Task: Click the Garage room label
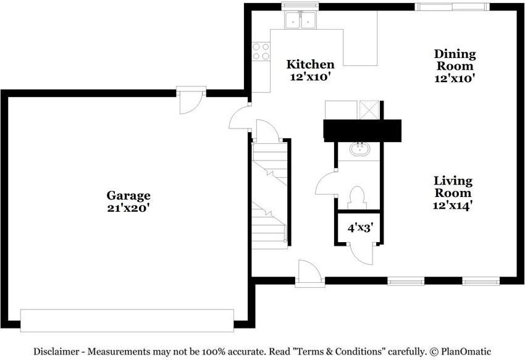click(128, 196)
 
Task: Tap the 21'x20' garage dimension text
click(128, 208)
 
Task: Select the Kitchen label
click(311, 64)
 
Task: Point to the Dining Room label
click(455, 60)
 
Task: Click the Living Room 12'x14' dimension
click(453, 205)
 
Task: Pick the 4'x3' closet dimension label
click(360, 228)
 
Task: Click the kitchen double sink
click(300, 20)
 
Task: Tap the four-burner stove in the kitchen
click(261, 52)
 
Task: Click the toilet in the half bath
click(356, 198)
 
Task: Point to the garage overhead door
click(127, 320)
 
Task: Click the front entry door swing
click(309, 273)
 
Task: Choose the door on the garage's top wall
click(191, 100)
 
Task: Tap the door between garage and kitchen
click(240, 117)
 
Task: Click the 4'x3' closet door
click(361, 254)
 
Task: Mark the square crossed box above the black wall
click(369, 110)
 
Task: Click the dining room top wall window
click(452, 7)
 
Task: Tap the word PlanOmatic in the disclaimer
click(466, 351)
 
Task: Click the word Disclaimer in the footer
click(56, 351)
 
